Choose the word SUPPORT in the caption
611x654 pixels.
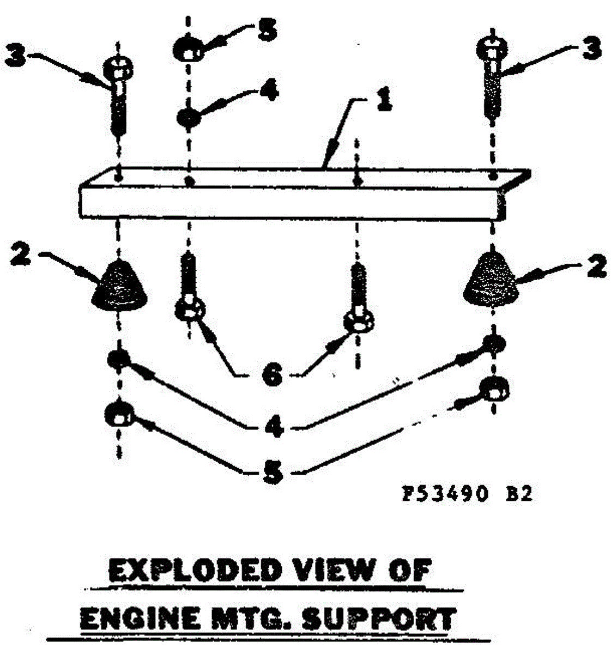(x=378, y=620)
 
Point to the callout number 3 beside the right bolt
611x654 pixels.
(x=591, y=48)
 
